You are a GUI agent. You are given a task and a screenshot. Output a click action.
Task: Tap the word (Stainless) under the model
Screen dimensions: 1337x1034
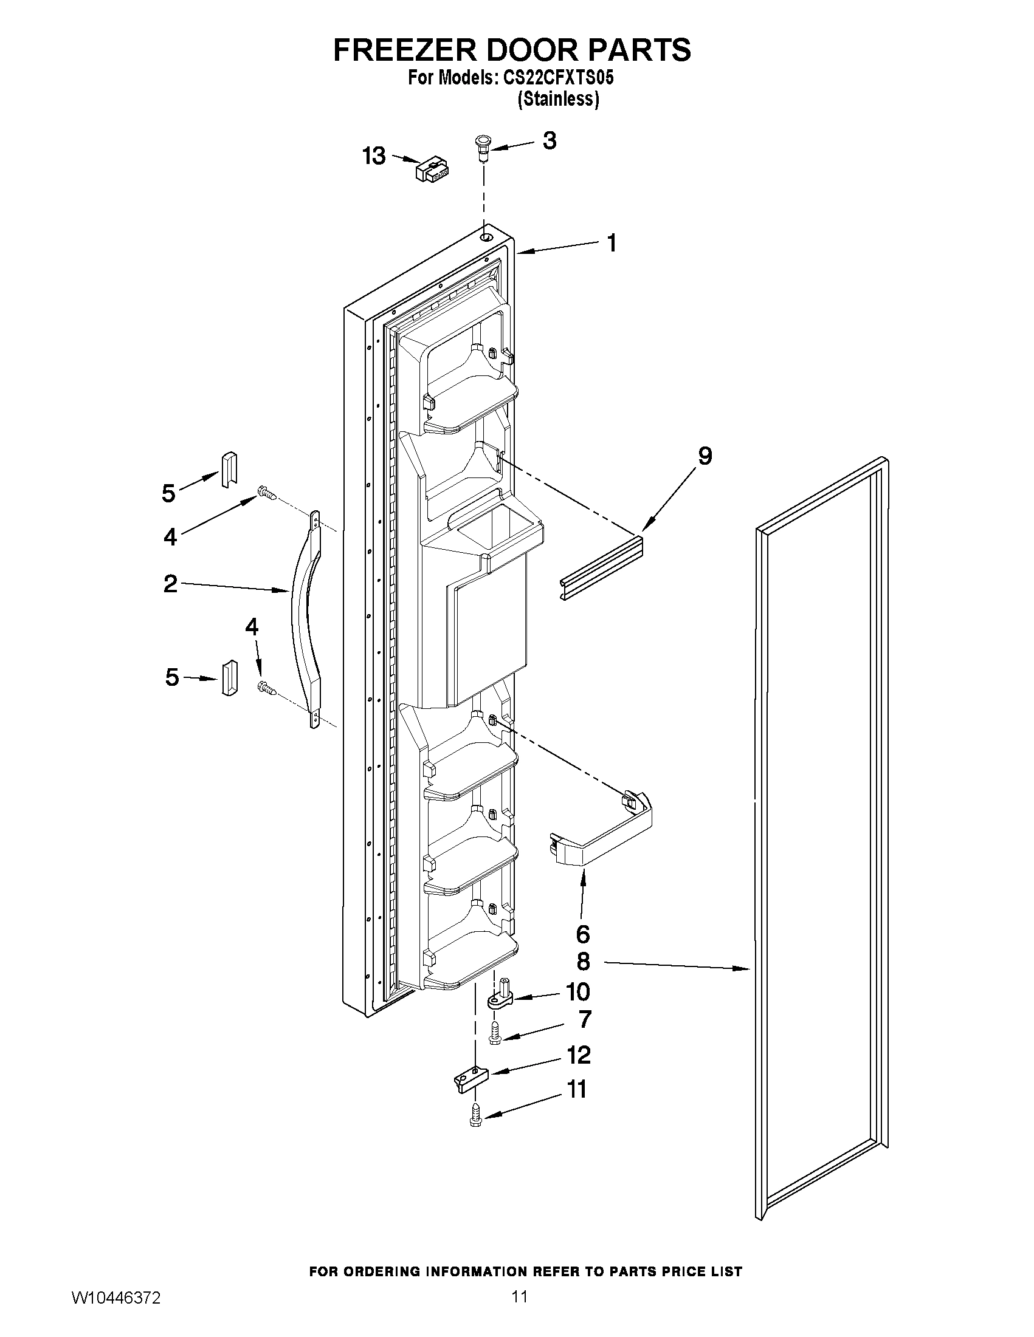(x=557, y=99)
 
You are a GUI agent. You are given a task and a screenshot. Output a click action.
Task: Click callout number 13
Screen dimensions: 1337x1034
(x=374, y=156)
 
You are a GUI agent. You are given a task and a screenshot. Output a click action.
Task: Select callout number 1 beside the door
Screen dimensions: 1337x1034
(x=612, y=243)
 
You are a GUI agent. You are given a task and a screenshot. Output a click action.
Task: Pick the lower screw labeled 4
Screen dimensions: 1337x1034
(x=267, y=688)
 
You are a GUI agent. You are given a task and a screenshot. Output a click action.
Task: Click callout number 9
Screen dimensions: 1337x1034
(x=705, y=456)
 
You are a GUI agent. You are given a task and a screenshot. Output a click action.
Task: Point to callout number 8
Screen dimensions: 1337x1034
(x=583, y=962)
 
